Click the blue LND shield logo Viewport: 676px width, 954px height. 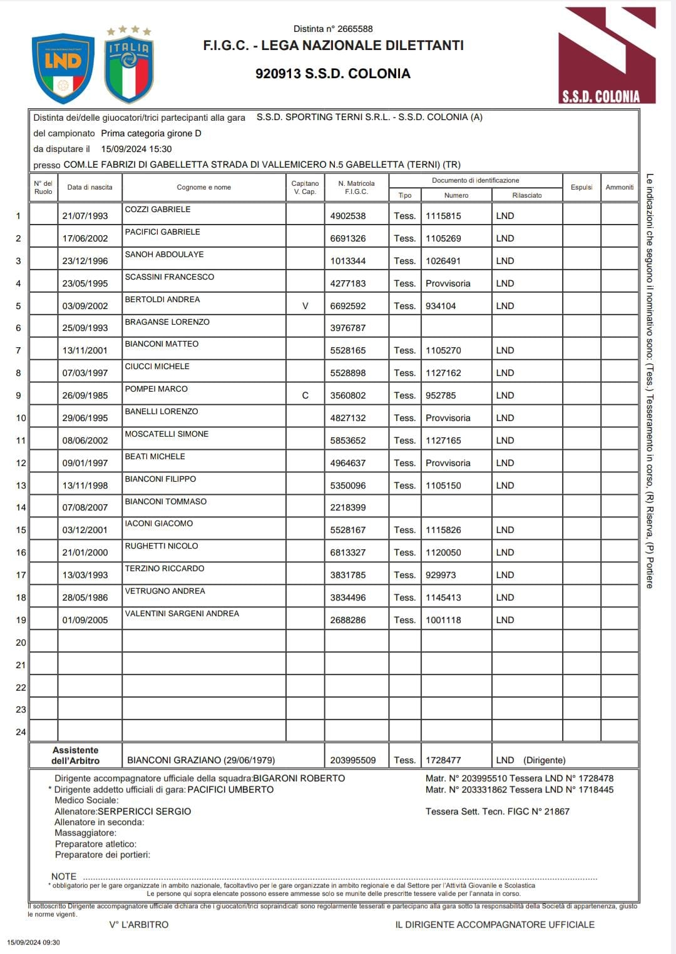tap(63, 68)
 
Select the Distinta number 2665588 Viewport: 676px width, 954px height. tap(333, 29)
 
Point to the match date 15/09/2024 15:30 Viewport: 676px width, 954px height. tap(136, 149)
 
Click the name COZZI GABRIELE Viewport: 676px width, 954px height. tap(158, 210)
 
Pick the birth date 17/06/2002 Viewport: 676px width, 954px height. tap(85, 238)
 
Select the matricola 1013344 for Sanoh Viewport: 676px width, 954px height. tap(348, 261)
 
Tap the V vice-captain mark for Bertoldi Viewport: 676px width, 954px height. tap(305, 306)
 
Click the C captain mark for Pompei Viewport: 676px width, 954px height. tap(305, 395)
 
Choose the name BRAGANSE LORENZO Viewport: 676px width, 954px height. tap(167, 322)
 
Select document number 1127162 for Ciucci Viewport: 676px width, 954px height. tap(443, 373)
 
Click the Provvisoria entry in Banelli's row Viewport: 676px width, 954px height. tap(448, 418)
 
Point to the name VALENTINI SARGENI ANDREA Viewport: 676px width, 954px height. tap(182, 614)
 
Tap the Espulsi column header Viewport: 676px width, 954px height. tap(581, 187)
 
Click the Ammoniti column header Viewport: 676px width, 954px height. tap(620, 187)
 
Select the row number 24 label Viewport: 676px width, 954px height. tap(21, 732)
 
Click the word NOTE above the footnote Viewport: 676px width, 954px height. tap(64, 876)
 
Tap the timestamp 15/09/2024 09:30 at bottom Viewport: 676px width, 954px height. tap(34, 942)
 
